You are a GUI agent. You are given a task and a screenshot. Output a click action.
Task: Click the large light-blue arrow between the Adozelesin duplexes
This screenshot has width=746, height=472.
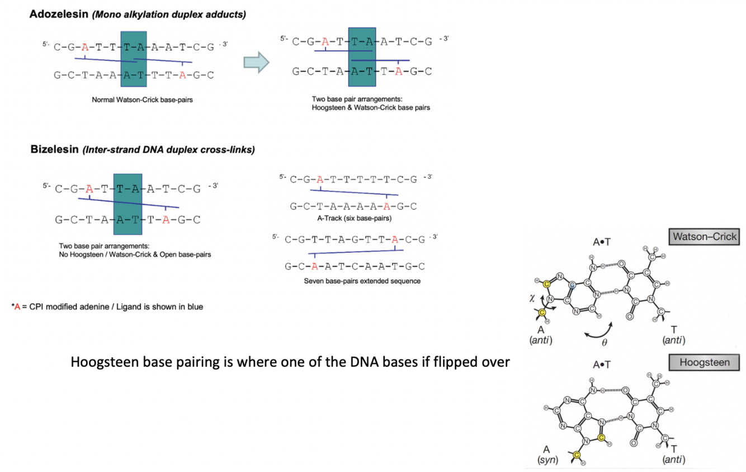[x=256, y=62]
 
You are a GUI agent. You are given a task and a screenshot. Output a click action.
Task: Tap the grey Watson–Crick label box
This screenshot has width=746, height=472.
[x=703, y=237]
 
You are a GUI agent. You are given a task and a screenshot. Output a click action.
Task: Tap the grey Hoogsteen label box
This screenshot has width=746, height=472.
[x=703, y=362]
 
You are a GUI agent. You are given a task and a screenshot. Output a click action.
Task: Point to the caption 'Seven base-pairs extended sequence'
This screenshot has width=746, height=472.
[x=362, y=281]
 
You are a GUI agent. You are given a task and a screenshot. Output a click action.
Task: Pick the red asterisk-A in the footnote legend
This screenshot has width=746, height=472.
[x=16, y=306]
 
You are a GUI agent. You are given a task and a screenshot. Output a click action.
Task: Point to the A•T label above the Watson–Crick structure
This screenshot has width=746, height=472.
[x=601, y=242]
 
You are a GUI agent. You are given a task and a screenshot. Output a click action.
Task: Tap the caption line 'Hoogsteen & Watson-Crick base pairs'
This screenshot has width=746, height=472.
[x=371, y=108]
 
